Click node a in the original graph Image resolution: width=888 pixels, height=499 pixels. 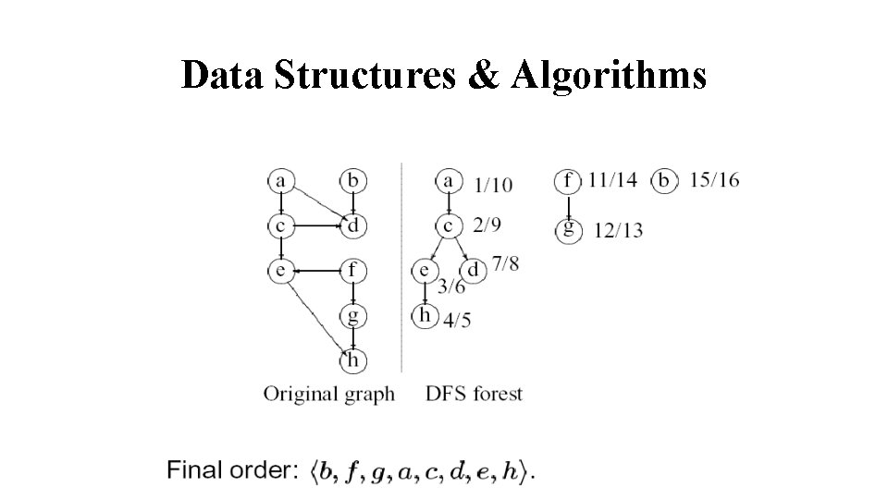(x=279, y=180)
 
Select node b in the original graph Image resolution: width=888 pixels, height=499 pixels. (x=352, y=180)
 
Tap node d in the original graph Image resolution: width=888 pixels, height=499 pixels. (x=352, y=225)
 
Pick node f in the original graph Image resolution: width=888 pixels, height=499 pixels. (x=352, y=271)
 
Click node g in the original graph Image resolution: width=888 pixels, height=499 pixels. (x=352, y=315)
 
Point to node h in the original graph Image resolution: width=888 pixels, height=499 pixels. (x=352, y=359)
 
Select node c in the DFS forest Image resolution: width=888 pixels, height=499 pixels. (x=448, y=225)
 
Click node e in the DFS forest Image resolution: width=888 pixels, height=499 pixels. (x=424, y=271)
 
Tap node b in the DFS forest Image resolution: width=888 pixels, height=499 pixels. (x=663, y=180)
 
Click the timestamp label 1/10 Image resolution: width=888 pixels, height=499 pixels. (x=491, y=185)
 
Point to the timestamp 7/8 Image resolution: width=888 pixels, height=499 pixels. (x=505, y=265)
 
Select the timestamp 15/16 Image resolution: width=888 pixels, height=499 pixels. (x=714, y=180)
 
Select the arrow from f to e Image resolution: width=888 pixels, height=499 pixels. (x=315, y=271)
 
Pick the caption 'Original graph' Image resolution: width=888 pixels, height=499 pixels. (x=329, y=394)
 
